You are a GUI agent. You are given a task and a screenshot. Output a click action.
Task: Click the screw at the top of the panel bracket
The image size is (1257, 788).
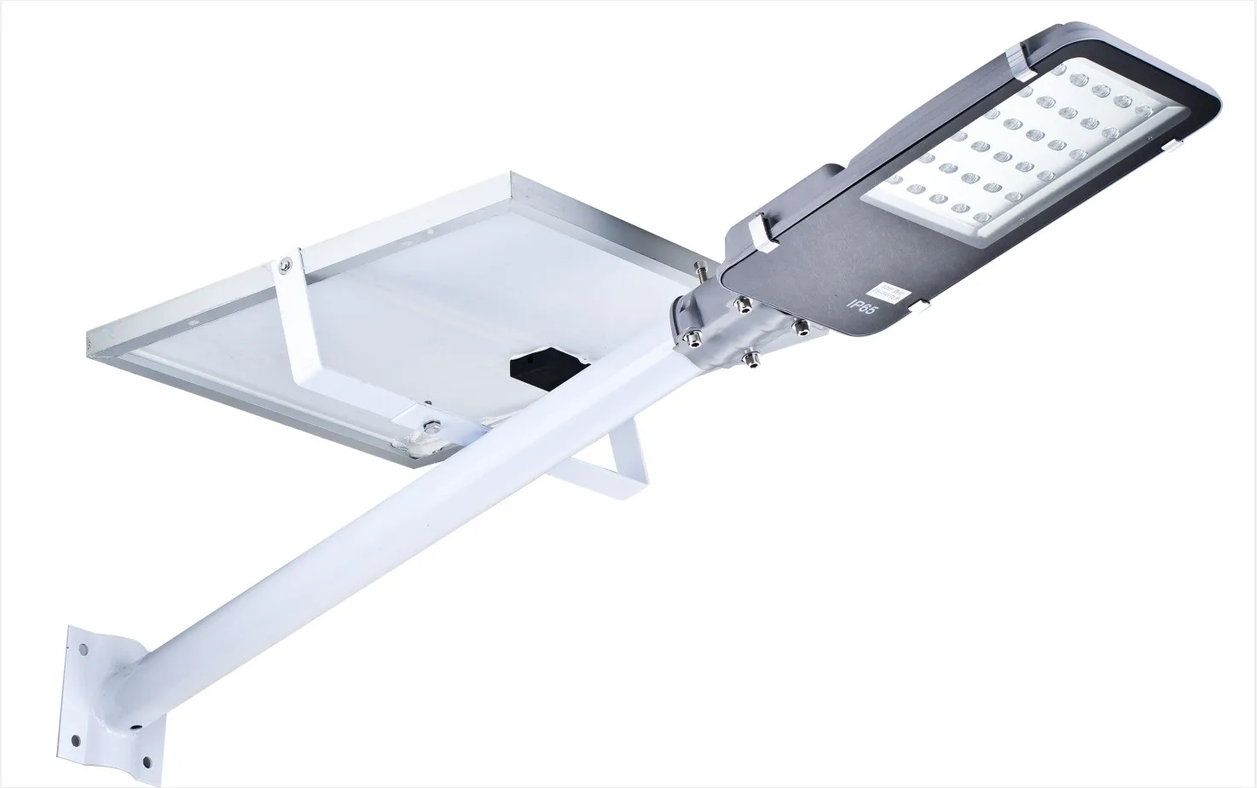(x=281, y=266)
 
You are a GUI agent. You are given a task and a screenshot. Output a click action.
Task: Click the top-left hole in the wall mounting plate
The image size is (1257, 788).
(x=83, y=649)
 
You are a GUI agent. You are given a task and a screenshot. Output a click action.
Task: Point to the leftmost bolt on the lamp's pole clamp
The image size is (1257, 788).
(x=689, y=338)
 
